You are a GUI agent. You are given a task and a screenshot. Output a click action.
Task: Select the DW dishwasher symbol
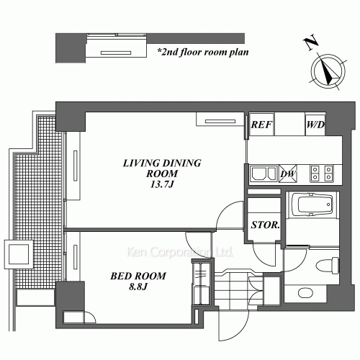coord(287,174)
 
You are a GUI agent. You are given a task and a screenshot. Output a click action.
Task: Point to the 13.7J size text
coord(163,185)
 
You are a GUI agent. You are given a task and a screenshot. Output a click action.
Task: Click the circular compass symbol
coord(327,72)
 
